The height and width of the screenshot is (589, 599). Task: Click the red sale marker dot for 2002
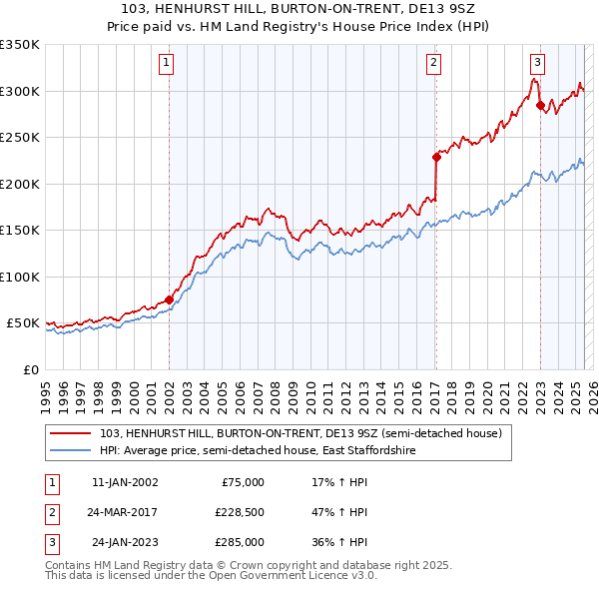(169, 298)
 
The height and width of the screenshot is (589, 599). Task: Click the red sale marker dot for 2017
(436, 157)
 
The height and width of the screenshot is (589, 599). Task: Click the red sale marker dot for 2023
(540, 104)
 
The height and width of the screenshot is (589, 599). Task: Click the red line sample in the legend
(71, 433)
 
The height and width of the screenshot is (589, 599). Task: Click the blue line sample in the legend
(71, 450)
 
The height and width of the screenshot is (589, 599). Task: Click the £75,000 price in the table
(241, 482)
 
